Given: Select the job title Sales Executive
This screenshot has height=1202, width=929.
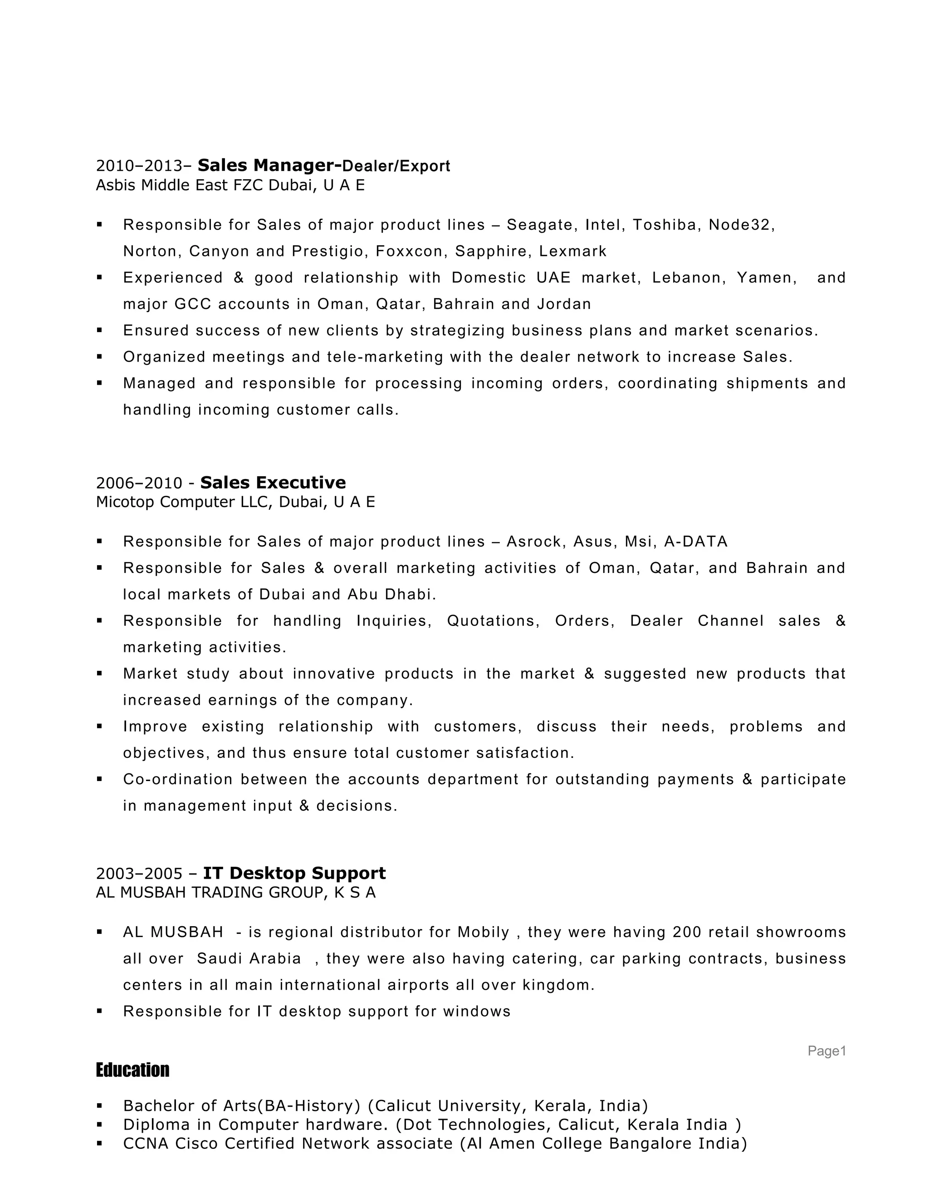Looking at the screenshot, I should point(273,483).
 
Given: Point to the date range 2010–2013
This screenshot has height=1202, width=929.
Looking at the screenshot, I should point(139,166).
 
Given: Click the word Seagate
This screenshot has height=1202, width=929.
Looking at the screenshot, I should point(539,225).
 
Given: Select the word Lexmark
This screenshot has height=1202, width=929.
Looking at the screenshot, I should point(572,252).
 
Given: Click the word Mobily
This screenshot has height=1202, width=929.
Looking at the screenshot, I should point(483,932).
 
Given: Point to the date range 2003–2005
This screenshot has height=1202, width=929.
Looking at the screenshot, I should point(139,874).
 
